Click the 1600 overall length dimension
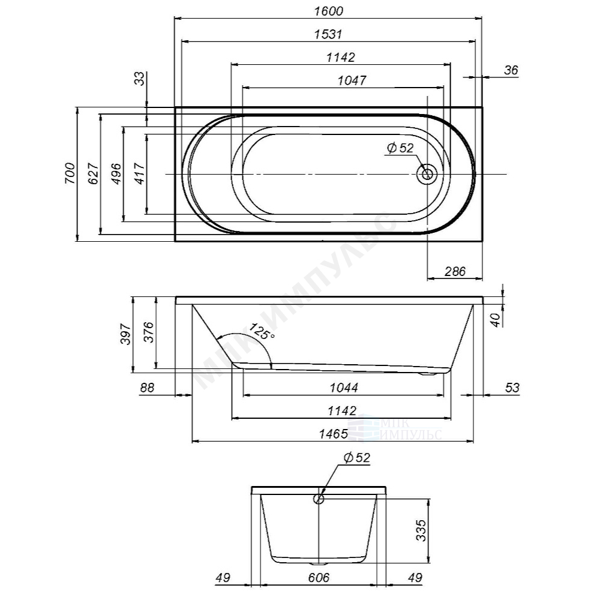click(x=328, y=11)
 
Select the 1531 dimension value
click(x=328, y=34)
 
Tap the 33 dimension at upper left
click(x=139, y=79)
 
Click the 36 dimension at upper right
click(x=511, y=70)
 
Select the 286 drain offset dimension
click(x=455, y=271)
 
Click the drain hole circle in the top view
click(x=427, y=175)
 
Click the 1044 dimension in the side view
click(x=344, y=388)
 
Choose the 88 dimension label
click(x=147, y=388)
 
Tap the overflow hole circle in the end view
click(x=319, y=497)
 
